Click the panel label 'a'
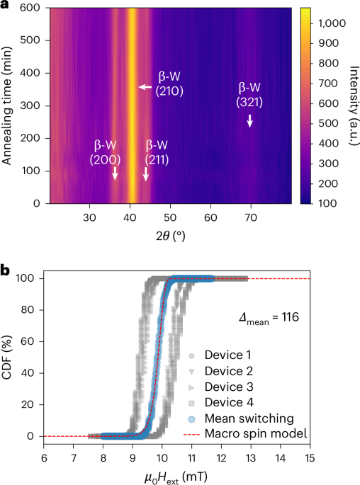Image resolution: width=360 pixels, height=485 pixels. [6, 6]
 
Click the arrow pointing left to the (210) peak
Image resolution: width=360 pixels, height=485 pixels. [145, 86]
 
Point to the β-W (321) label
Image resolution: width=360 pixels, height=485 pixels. [250, 95]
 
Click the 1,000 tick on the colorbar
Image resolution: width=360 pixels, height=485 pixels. [322, 23]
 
